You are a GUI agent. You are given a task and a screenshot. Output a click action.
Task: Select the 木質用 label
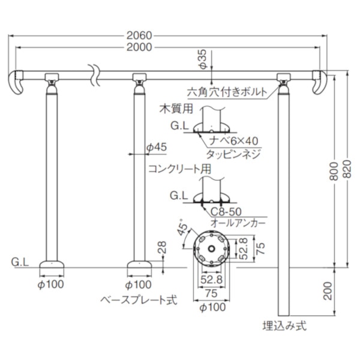tap(178, 109)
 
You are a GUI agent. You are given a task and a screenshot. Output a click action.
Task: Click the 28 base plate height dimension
tap(160, 246)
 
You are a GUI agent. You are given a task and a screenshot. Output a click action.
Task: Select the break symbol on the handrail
tap(91, 73)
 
